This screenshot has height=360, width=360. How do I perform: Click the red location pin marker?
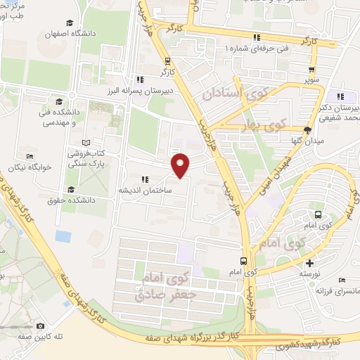coord(181,165)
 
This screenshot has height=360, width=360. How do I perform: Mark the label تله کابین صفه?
coord(61,337)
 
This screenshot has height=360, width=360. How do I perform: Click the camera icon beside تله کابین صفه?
coord(41,326)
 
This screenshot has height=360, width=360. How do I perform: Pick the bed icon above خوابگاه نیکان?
coord(30,156)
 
